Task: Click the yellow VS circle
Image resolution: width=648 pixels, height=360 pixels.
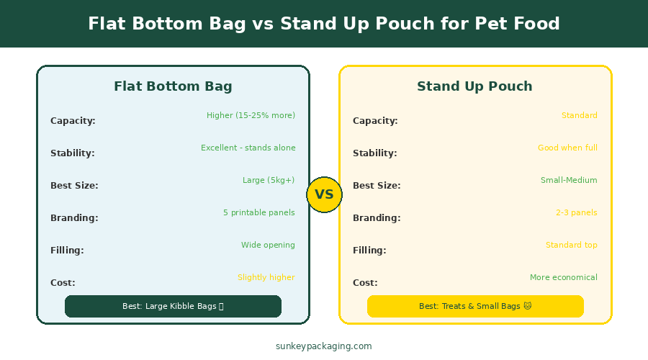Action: (x=324, y=194)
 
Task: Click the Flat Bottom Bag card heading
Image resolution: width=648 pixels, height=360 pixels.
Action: (x=173, y=86)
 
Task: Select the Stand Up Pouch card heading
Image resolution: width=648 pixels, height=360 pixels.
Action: (x=474, y=86)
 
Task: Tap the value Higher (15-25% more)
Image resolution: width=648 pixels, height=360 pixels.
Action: (x=251, y=115)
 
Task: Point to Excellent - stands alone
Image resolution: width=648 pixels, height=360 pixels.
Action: (x=248, y=148)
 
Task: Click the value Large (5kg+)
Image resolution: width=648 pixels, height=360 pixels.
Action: (x=269, y=180)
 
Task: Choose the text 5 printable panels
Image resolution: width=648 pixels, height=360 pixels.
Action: (x=259, y=212)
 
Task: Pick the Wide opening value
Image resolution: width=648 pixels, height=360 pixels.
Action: (x=269, y=245)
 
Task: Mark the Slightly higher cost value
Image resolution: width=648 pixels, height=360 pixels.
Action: (x=266, y=277)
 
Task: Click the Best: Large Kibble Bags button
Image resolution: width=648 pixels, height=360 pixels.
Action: (x=173, y=306)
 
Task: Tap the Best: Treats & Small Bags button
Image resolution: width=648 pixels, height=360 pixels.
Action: (x=475, y=306)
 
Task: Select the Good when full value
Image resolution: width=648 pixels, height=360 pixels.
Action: (x=567, y=148)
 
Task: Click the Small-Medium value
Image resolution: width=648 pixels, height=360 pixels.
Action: (x=569, y=180)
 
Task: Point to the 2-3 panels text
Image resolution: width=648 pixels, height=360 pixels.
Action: (x=577, y=212)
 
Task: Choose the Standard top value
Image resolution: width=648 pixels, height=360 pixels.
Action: (x=572, y=245)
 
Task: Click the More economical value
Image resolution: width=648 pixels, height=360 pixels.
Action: (x=564, y=277)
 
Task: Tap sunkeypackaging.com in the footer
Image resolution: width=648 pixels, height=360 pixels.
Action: (x=323, y=346)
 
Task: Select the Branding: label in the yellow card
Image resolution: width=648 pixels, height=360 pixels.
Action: (x=377, y=218)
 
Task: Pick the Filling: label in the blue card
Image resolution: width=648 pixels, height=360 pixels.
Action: (x=67, y=250)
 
